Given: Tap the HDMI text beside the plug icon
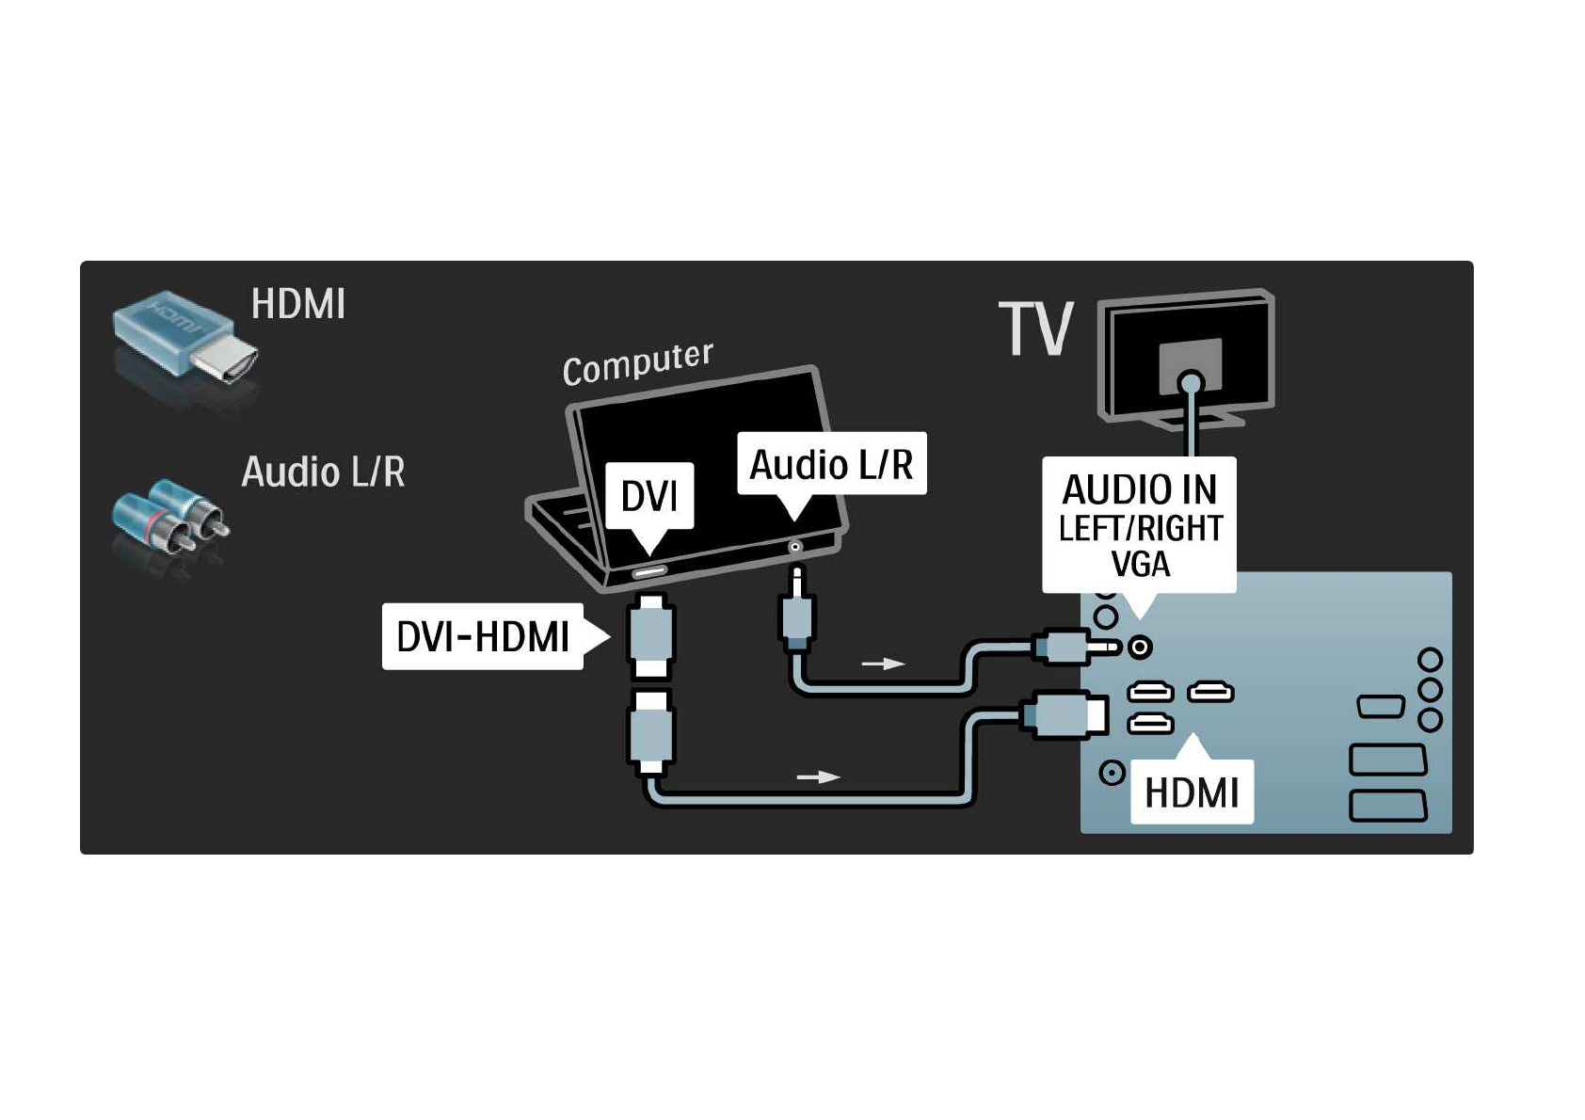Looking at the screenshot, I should pyautogui.click(x=297, y=304).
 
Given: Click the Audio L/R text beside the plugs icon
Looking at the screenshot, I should pyautogui.click(x=323, y=472).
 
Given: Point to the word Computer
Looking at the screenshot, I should pyautogui.click(x=637, y=362).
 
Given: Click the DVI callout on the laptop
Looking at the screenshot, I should pyautogui.click(x=649, y=495).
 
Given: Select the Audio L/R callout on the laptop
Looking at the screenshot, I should pyautogui.click(x=831, y=464).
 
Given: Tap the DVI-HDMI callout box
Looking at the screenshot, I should pyautogui.click(x=483, y=637).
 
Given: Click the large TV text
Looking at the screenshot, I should pyautogui.click(x=1035, y=329).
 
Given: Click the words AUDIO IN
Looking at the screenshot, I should pyautogui.click(x=1139, y=489).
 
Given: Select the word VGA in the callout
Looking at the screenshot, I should pyautogui.click(x=1140, y=565).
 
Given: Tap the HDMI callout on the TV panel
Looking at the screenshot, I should pyautogui.click(x=1192, y=792).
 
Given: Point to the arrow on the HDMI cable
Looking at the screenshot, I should pyautogui.click(x=818, y=776).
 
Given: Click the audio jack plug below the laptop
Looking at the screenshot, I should pyautogui.click(x=796, y=616).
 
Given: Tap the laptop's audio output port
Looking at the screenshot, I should pyautogui.click(x=795, y=547).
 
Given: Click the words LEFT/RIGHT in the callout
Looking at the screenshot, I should pyautogui.click(x=1140, y=529).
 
